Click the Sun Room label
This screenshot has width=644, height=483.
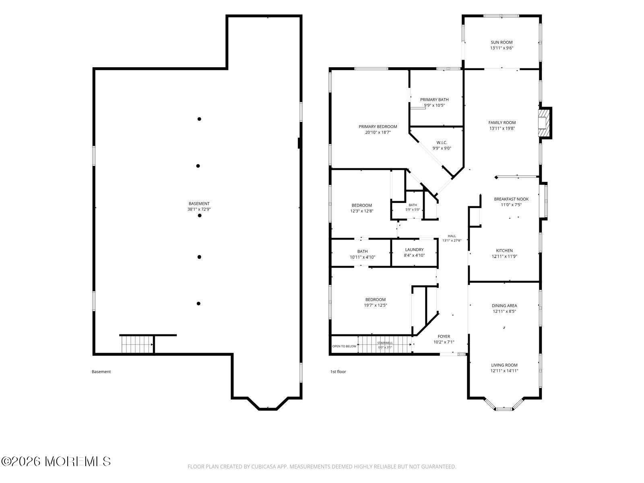coord(502,42)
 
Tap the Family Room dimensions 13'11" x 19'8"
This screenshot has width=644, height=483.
coord(502,128)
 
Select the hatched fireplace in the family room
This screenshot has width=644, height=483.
coord(543,123)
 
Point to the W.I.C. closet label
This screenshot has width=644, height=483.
coord(442,142)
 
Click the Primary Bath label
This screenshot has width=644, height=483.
coord(434,100)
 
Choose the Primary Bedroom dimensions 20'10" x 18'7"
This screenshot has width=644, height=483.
coord(378,132)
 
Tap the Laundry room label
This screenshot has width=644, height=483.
coord(414,250)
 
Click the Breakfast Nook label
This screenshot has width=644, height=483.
coord(511,199)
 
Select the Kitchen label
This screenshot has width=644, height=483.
coord(504,250)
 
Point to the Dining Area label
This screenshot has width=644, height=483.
coord(504,305)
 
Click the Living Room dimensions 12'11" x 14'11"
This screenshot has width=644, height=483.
coord(504,371)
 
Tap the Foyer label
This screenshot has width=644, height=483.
coord(444,336)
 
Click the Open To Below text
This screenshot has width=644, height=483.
coord(344,346)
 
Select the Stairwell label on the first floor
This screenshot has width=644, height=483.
coord(385,343)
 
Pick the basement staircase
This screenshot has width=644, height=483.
coord(137,344)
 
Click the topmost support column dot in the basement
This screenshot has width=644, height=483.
coord(199,119)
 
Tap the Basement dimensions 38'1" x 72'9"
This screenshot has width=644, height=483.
coord(199,209)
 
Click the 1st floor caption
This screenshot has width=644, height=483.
coord(338,372)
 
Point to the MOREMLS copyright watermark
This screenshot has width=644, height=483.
coord(56,461)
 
